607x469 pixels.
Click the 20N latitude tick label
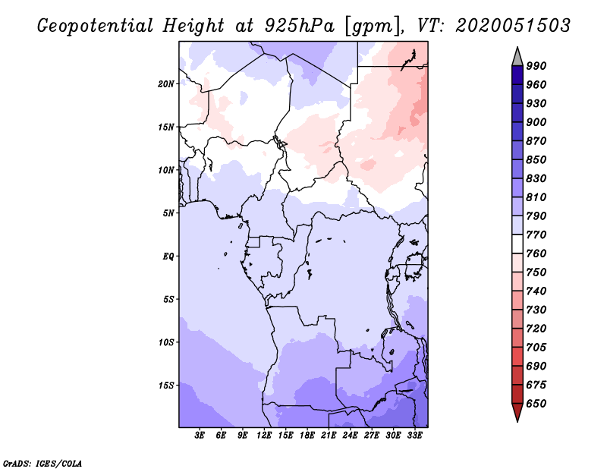(166, 83)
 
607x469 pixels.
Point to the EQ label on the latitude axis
(168, 256)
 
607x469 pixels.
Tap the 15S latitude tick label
(166, 385)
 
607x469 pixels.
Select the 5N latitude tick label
(168, 212)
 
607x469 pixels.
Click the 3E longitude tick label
(200, 436)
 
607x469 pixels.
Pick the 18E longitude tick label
(307, 436)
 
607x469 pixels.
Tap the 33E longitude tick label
(414, 436)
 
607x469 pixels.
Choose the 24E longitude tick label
(351, 436)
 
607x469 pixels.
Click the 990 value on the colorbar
(536, 66)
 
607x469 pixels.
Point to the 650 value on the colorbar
(536, 404)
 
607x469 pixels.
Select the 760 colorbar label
(536, 253)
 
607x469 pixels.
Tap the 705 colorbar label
(536, 348)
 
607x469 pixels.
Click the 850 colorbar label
(536, 160)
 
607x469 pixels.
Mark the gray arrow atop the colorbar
(517, 55)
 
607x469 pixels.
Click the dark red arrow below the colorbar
(517, 413)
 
